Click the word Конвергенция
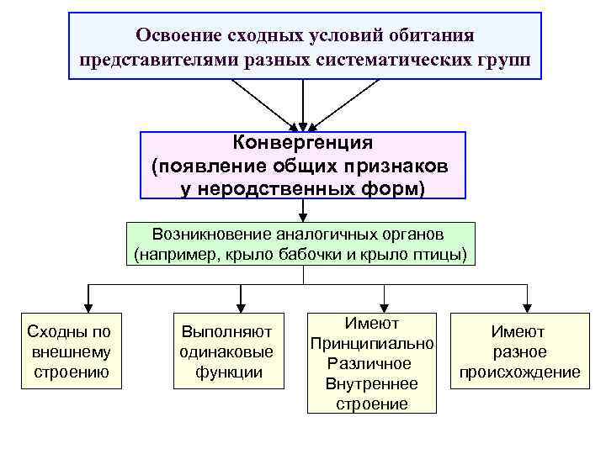[x=302, y=144]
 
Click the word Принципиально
[x=371, y=344]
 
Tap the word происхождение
[x=519, y=372]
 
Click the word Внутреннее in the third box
[x=371, y=384]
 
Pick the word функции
[x=228, y=372]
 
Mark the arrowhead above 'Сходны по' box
[x=88, y=302]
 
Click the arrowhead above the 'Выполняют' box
[x=241, y=302]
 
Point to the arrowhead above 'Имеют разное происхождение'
[x=528, y=302]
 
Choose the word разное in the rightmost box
[x=519, y=352]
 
